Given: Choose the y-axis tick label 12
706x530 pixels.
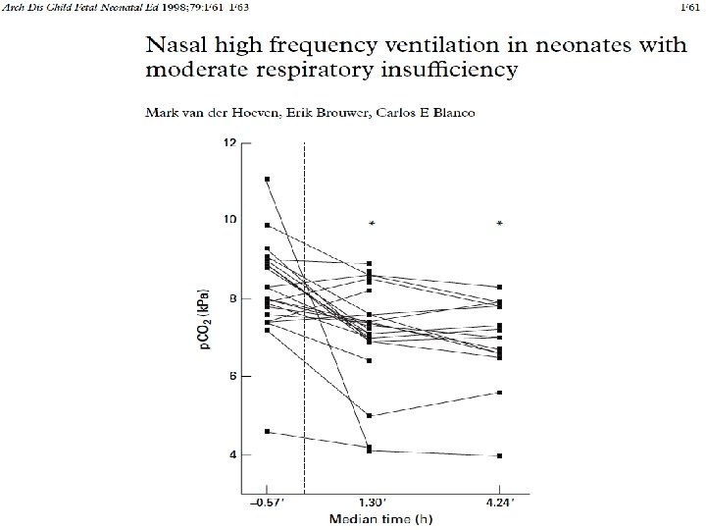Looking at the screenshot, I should (x=229, y=143).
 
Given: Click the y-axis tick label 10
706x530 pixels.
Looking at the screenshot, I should (x=229, y=219).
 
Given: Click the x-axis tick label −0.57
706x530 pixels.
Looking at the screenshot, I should (x=267, y=503).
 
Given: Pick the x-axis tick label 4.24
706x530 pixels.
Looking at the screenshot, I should (x=500, y=503).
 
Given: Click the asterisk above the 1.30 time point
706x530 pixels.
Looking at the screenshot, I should (x=371, y=225).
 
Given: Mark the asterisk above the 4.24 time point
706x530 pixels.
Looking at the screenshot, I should (x=500, y=225).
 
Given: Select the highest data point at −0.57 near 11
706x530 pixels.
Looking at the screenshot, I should (x=267, y=179).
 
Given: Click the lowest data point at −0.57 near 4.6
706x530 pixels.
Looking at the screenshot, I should (x=267, y=431).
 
